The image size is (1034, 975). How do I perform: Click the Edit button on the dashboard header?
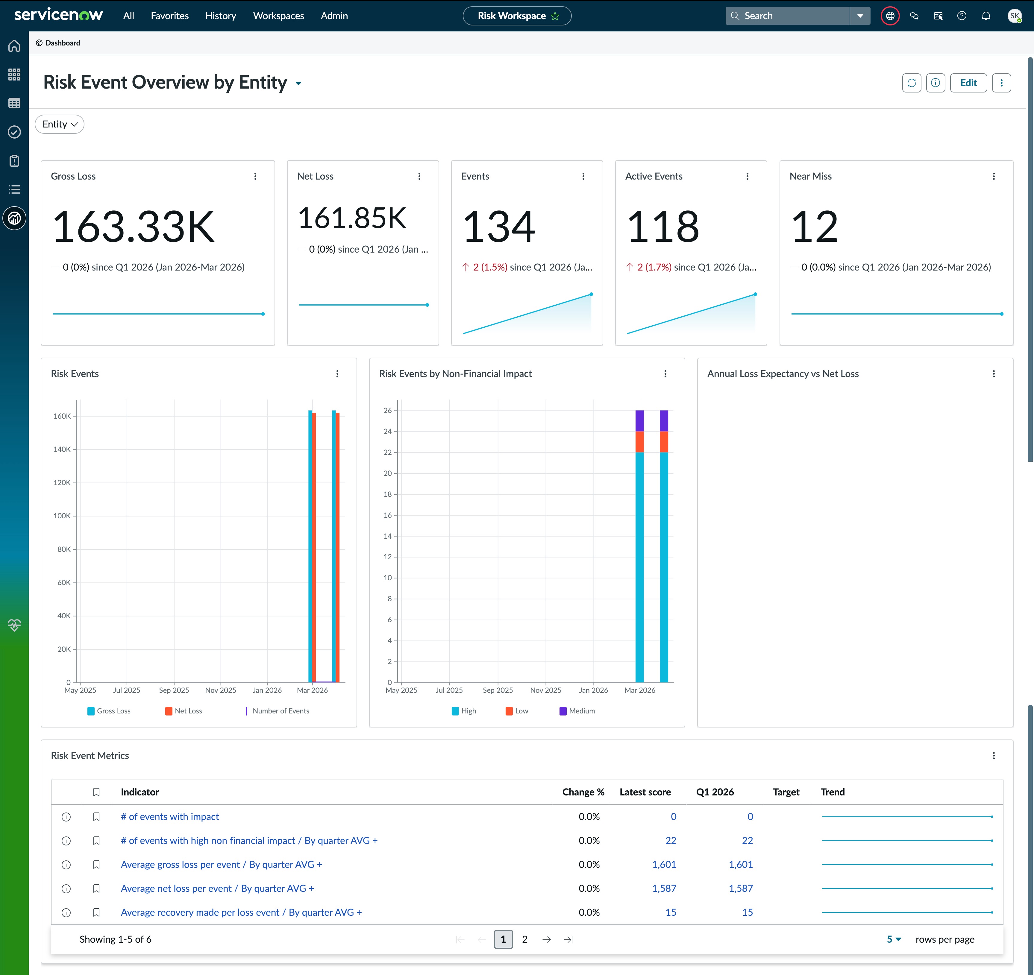pos(968,83)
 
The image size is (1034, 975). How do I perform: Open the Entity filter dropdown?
pos(59,124)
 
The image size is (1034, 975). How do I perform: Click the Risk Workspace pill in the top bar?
pos(517,16)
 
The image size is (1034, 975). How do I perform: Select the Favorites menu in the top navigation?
pos(169,16)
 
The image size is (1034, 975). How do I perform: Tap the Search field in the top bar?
pos(787,16)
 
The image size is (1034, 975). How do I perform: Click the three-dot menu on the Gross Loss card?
pos(255,176)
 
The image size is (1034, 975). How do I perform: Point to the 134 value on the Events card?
pos(499,227)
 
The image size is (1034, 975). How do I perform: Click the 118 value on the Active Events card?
pos(663,227)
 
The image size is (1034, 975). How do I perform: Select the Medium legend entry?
pos(577,711)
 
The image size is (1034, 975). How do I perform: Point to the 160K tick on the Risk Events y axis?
pos(62,416)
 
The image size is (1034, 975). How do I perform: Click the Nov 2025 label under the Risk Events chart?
pos(221,690)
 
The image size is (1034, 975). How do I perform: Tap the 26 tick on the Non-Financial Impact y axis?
pos(387,410)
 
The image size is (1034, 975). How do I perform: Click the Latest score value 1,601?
pos(664,864)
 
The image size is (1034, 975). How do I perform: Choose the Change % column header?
pos(583,792)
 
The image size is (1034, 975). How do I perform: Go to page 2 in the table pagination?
pos(525,939)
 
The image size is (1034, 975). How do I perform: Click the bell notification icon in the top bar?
pos(986,16)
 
